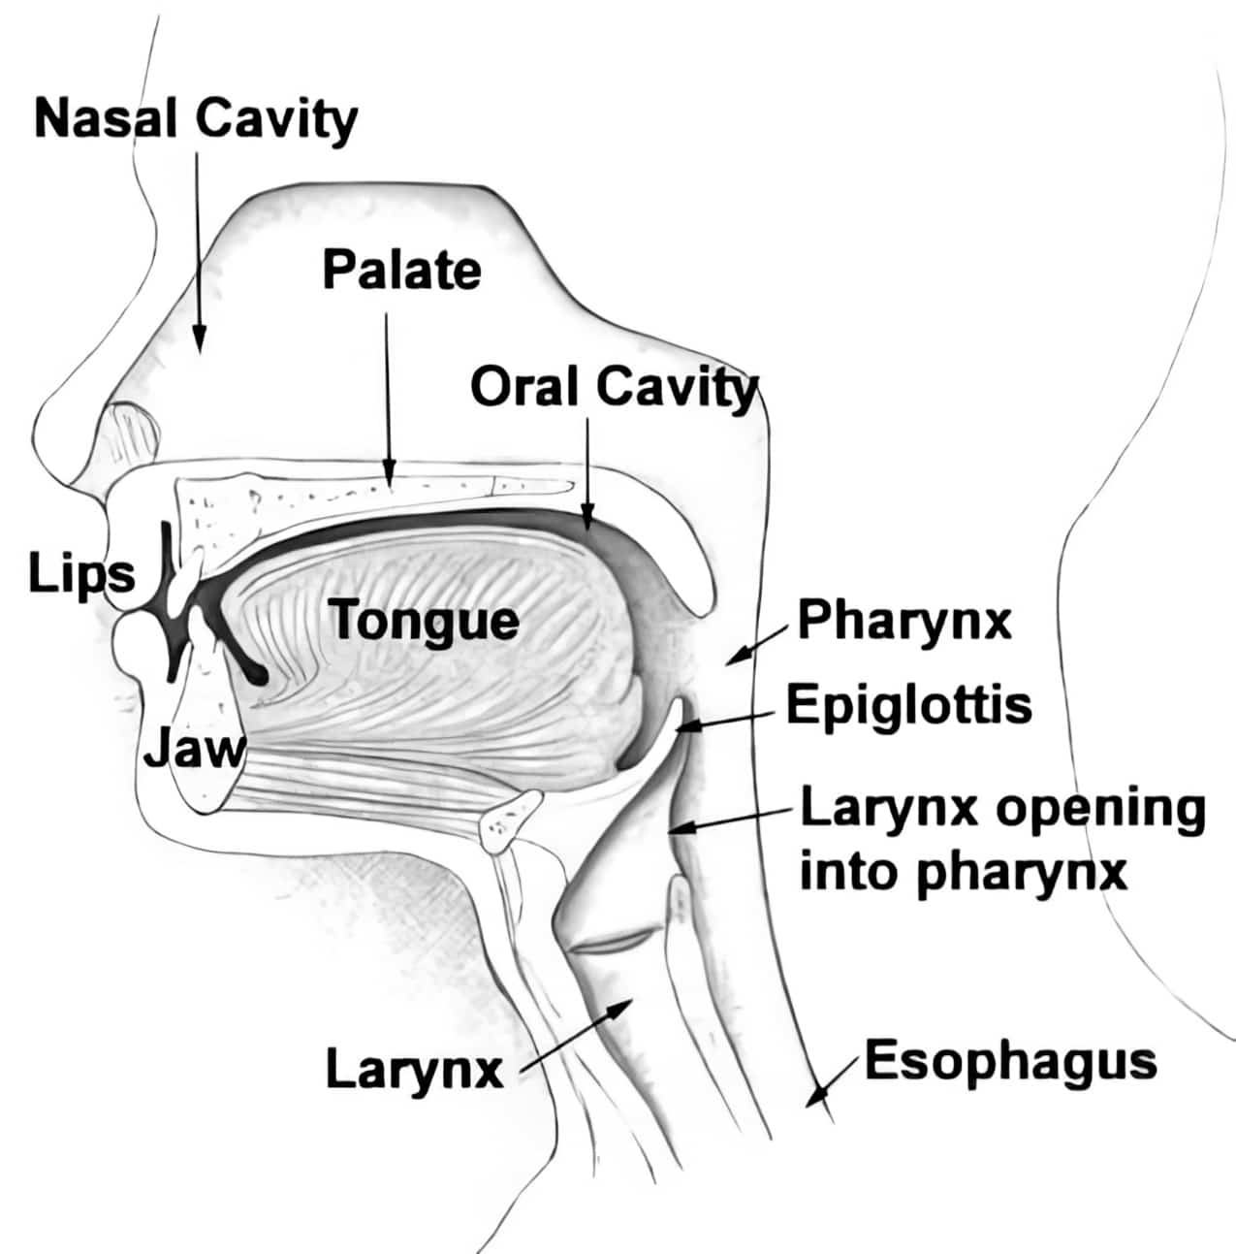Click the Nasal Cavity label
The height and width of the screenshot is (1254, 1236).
(x=196, y=119)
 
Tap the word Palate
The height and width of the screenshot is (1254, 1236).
(x=402, y=271)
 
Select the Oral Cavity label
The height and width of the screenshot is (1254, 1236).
(x=614, y=389)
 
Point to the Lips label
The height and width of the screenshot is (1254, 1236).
(x=82, y=575)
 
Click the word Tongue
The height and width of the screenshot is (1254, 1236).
(x=424, y=622)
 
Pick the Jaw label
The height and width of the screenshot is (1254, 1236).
(x=194, y=751)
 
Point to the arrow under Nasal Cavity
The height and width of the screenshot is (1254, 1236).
(x=198, y=252)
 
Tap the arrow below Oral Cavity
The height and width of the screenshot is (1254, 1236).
(x=587, y=472)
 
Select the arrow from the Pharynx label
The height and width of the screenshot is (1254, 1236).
(x=757, y=646)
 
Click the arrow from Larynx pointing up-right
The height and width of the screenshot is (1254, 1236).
(x=577, y=1034)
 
